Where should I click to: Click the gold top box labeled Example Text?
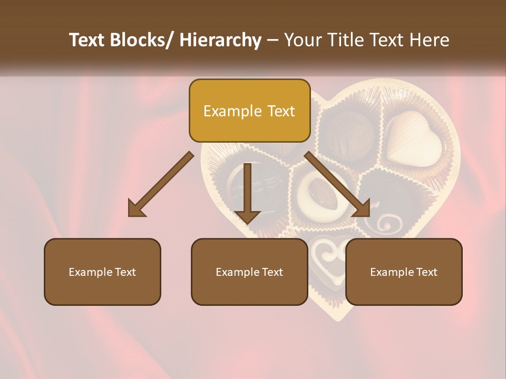pos(249,111)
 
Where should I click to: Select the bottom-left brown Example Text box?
pos(102,272)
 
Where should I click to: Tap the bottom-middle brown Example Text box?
pos(249,272)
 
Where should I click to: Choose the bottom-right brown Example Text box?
pos(404,272)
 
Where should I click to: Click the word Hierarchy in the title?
pos(220,40)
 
